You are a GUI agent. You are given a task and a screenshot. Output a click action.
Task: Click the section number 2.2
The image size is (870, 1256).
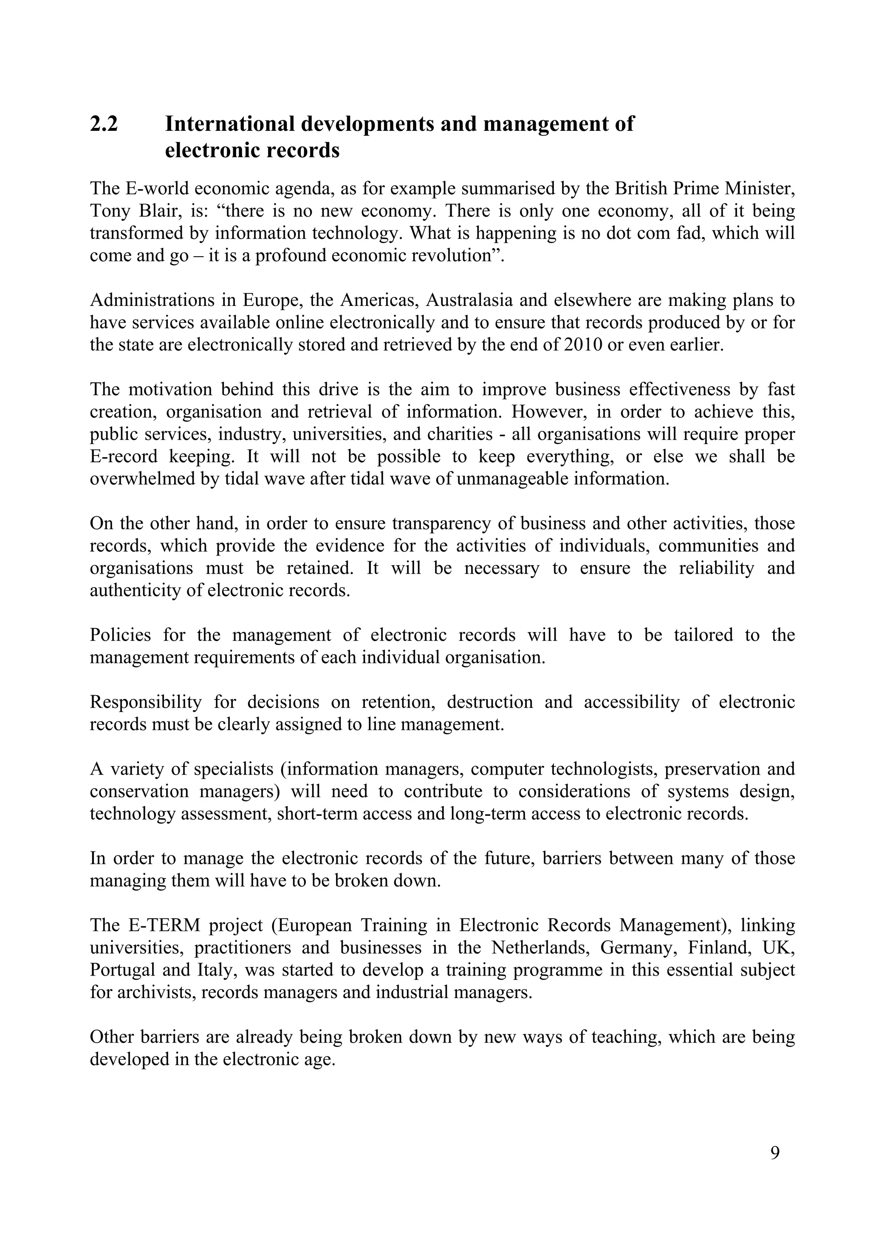click(104, 124)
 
